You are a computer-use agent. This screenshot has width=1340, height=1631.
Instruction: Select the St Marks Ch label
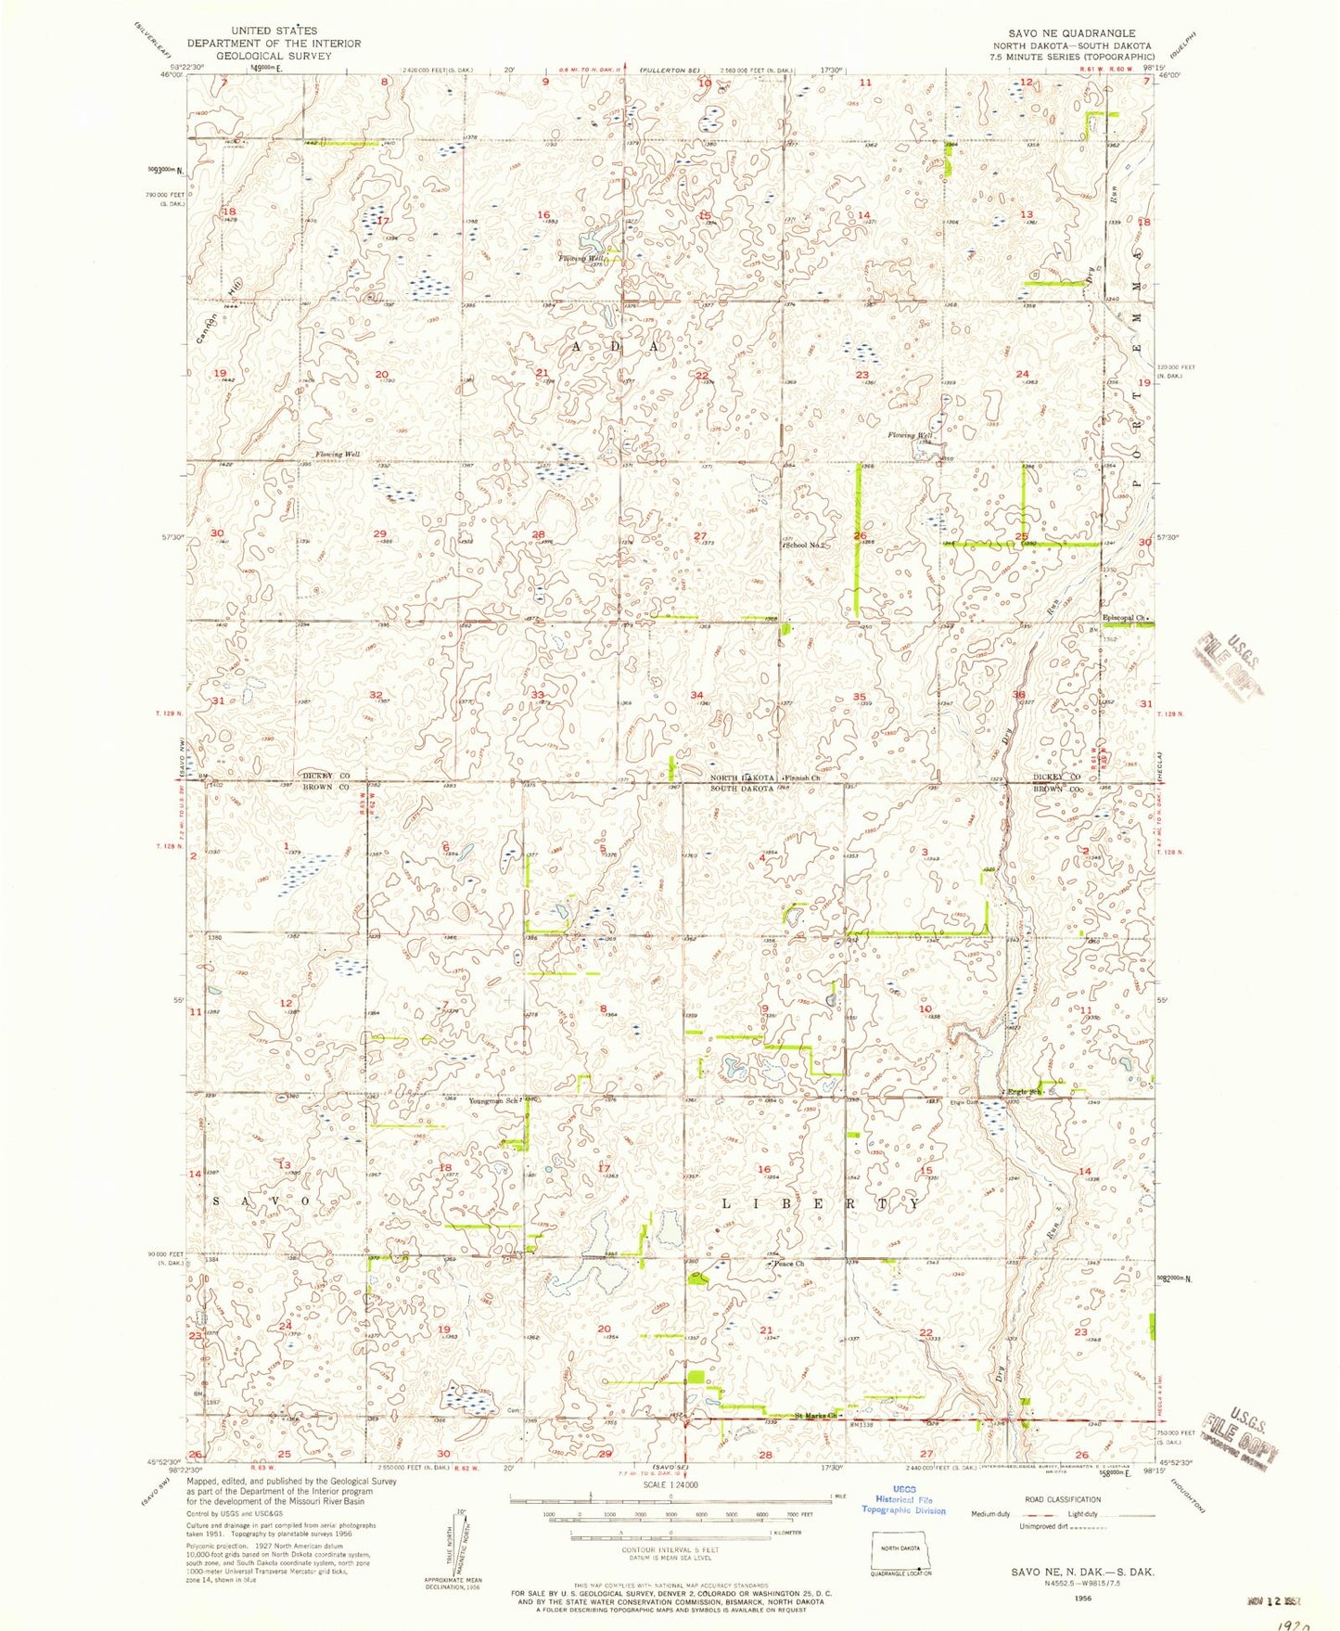tap(817, 1416)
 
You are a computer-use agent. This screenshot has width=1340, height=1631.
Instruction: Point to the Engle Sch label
tap(1026, 1092)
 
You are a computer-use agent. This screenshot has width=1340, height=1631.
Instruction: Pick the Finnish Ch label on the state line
tap(803, 777)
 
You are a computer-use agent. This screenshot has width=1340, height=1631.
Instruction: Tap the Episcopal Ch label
tap(1124, 618)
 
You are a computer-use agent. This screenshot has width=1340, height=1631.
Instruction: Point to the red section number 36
tap(1018, 695)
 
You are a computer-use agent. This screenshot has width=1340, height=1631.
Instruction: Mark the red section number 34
tap(697, 695)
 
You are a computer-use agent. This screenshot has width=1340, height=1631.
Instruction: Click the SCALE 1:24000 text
tap(656, 1510)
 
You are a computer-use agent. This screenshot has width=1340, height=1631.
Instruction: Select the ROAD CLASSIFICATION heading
tap(1063, 1499)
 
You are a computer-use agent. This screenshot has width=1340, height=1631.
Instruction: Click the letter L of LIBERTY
tap(727, 1203)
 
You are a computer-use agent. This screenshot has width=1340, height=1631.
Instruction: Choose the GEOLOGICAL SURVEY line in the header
tap(274, 55)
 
